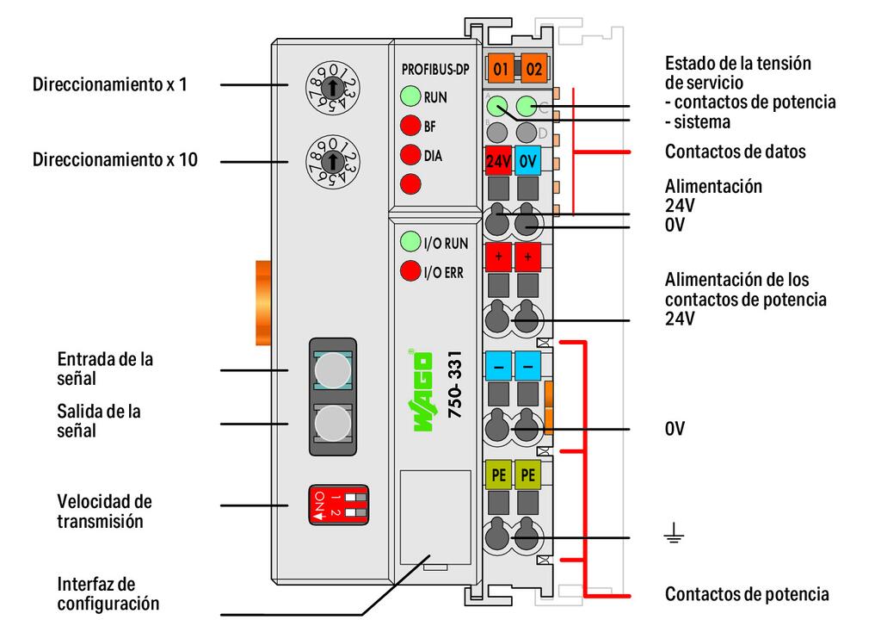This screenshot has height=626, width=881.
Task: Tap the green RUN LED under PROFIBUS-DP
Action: (x=410, y=96)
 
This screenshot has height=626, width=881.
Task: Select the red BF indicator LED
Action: (x=410, y=126)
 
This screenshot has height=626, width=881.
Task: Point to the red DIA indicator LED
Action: (x=410, y=155)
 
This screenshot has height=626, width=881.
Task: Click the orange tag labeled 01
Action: (x=500, y=67)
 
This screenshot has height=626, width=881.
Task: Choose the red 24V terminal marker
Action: (x=499, y=161)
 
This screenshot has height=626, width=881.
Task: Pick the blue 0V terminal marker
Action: (x=528, y=161)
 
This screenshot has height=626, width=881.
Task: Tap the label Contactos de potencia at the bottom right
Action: (x=747, y=594)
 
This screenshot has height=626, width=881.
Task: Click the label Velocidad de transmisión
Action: (x=105, y=511)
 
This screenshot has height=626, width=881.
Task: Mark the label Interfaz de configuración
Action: (x=108, y=594)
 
